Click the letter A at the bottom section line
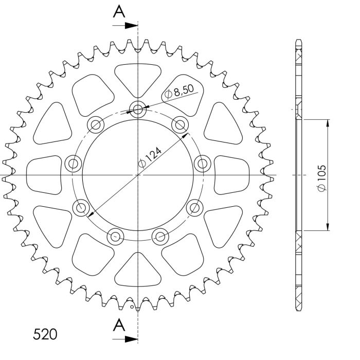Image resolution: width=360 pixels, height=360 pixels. tap(119, 326)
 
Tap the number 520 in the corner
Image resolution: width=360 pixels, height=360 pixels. tap(45, 335)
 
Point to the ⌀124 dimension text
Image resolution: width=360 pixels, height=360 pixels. tap(150, 156)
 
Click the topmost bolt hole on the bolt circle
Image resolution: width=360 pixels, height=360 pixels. tap(138, 108)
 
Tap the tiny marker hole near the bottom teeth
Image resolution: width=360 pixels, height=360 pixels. tap(133, 308)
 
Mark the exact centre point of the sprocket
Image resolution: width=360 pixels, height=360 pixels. tap(138, 175)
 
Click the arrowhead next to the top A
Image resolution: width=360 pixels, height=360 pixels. tap(133, 24)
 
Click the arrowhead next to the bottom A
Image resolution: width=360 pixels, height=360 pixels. tap(133, 339)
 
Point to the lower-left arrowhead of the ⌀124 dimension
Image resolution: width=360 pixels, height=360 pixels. tap(91, 214)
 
